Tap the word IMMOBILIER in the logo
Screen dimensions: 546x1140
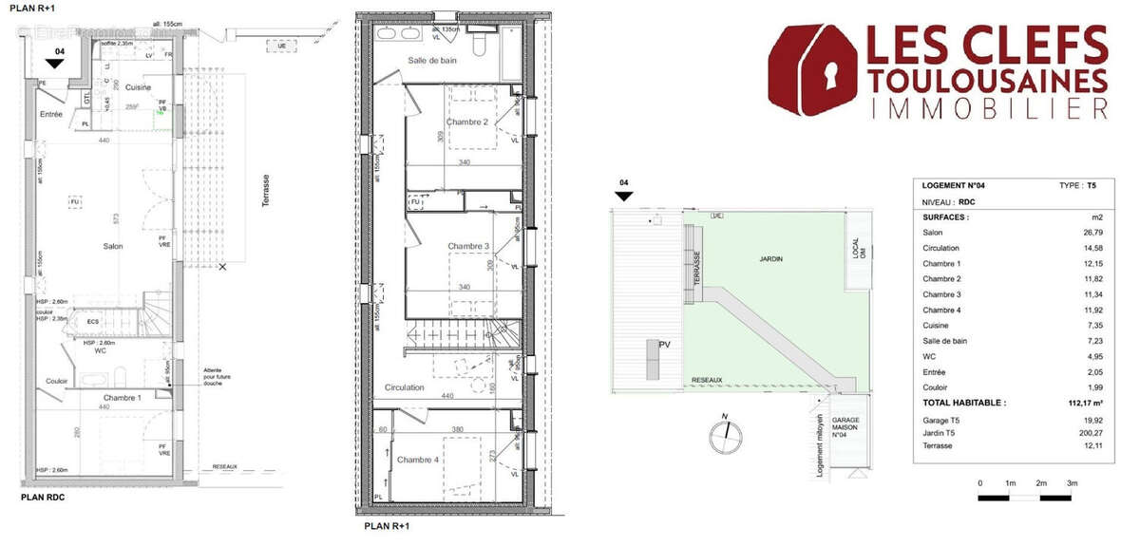(x=987, y=109)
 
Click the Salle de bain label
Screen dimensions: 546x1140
(x=435, y=61)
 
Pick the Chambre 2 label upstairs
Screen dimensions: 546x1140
(x=467, y=122)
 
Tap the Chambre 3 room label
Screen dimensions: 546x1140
(x=468, y=247)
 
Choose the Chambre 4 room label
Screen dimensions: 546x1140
(x=418, y=460)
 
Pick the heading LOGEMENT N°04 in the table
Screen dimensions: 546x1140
(x=954, y=185)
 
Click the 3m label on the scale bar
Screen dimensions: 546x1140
(x=1072, y=483)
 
